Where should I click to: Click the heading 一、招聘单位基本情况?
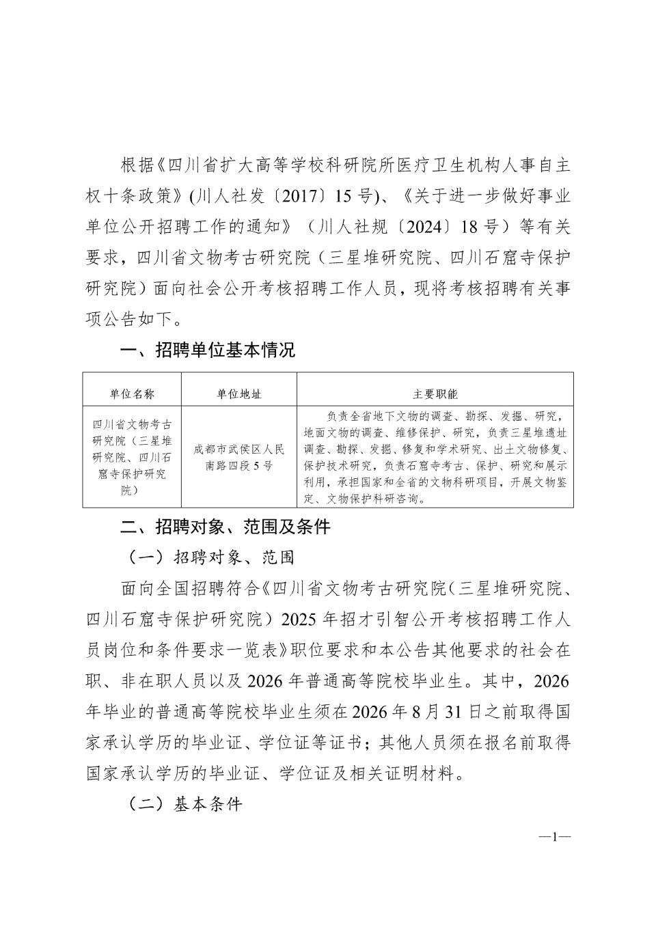tap(208, 351)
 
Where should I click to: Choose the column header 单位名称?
tap(132, 394)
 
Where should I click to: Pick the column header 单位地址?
tap(239, 394)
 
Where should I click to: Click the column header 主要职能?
tap(435, 394)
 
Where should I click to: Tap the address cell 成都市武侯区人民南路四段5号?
tap(239, 457)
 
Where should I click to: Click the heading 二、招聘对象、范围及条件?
tap(225, 527)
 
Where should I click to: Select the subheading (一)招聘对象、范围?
tap(212, 557)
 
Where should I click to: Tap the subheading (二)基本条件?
tap(186, 803)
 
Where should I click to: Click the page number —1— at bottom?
tap(555, 837)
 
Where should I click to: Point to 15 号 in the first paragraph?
tap(354, 197)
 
